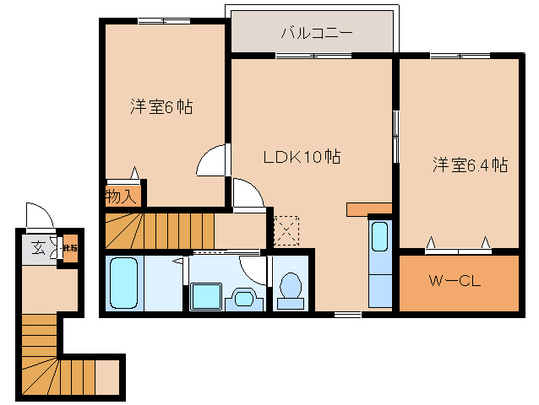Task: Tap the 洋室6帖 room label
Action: (161, 107)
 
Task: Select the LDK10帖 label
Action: (302, 156)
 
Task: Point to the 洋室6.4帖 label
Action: (471, 165)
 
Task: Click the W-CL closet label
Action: (455, 282)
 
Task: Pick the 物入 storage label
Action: (121, 197)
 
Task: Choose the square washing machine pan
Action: (205, 297)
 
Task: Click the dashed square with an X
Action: (286, 227)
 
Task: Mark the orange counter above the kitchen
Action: (369, 208)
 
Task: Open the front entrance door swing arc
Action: (38, 215)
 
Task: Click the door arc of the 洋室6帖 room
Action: (213, 160)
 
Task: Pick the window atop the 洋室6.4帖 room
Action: (456, 56)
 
